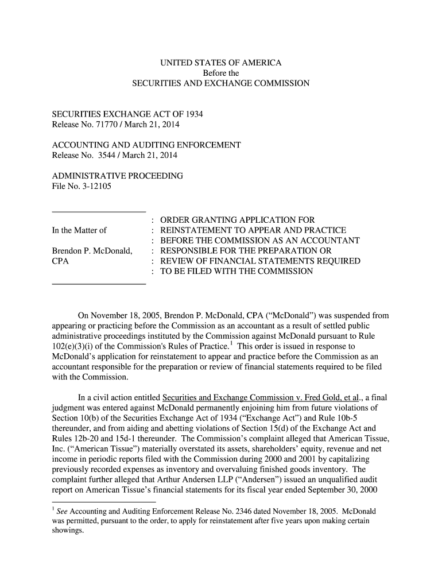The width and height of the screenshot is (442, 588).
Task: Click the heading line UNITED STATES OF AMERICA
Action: click(x=221, y=63)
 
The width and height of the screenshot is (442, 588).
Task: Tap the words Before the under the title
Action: click(x=221, y=73)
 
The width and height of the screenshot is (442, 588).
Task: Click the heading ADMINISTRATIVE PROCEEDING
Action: click(x=118, y=176)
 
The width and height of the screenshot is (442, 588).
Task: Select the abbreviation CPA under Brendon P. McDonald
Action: click(x=61, y=262)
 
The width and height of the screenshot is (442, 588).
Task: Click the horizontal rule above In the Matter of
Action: click(x=99, y=211)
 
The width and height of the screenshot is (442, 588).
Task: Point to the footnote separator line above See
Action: click(x=103, y=501)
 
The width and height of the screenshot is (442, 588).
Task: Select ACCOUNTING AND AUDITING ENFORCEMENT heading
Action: click(x=146, y=145)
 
